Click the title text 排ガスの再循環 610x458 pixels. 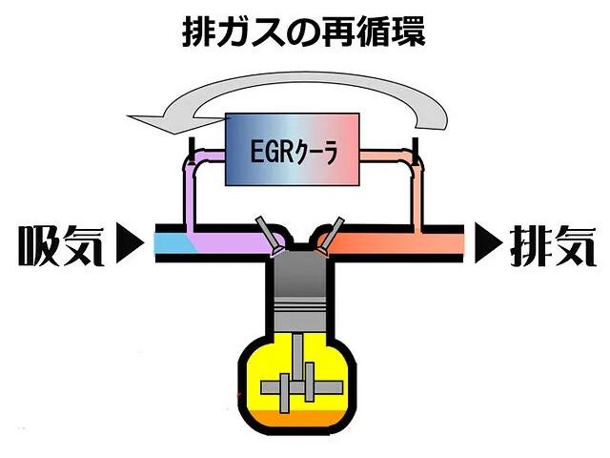304,32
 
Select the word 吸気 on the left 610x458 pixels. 56,245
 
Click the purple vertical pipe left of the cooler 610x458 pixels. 190,196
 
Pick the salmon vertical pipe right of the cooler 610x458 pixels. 417,196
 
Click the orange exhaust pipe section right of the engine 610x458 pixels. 400,243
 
